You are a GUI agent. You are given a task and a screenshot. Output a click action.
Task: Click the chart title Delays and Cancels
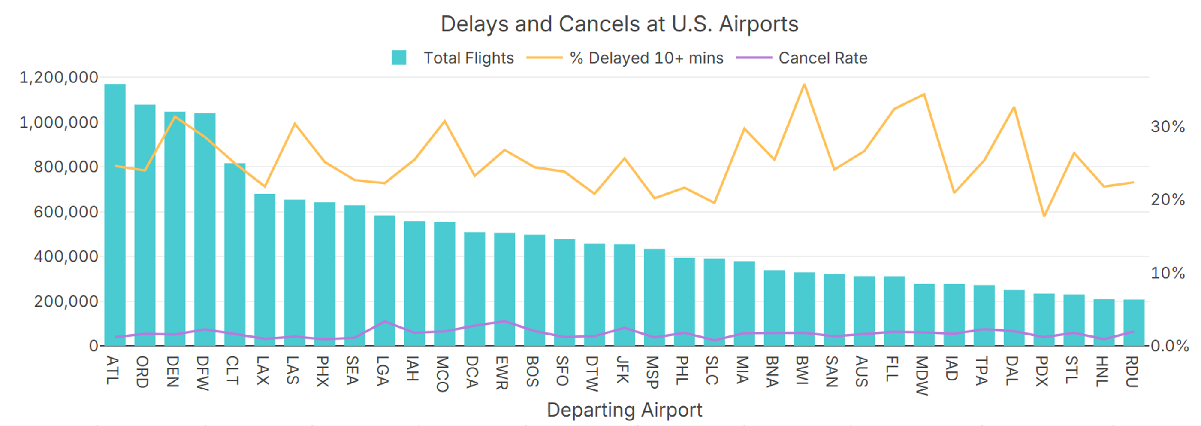[619, 24]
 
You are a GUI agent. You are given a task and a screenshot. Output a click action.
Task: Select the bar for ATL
[115, 215]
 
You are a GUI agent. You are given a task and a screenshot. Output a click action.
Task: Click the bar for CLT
[235, 254]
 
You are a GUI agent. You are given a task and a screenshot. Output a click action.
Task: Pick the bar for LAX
[265, 270]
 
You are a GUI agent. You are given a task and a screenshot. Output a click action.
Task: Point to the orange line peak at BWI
[804, 85]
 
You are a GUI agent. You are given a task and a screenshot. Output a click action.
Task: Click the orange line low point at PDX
[1044, 216]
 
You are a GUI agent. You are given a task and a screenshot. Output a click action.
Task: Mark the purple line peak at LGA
[384, 321]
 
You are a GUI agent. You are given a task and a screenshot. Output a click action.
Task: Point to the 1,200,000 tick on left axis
[59, 77]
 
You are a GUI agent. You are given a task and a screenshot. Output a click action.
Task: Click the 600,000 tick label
[66, 212]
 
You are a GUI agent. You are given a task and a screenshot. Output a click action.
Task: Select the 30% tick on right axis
[1168, 126]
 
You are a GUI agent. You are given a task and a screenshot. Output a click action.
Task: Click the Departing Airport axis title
[624, 410]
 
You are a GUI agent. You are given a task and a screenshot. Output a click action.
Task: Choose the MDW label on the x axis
[922, 375]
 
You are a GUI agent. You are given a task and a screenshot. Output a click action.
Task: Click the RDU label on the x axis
[1132, 372]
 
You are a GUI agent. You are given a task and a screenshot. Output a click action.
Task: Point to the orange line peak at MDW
[924, 95]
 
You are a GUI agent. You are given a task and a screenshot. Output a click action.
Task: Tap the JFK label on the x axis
[623, 370]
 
